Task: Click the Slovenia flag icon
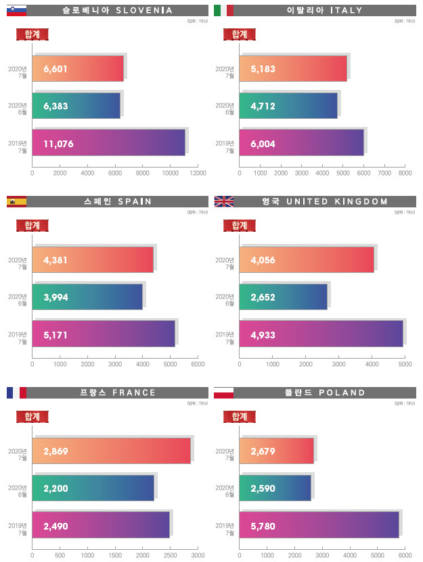coord(16,10)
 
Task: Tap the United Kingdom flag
coord(223,201)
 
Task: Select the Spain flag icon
coord(16,201)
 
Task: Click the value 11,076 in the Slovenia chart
coord(59,144)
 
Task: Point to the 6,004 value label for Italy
coord(262,144)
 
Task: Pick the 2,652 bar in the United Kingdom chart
coord(283,297)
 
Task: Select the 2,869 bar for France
coord(111,451)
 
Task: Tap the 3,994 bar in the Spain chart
coord(87,297)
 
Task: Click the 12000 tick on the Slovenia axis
coord(198,174)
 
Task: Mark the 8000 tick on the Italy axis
coord(405,174)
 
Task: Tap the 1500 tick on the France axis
coord(115,556)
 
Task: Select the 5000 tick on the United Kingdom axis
coord(405,365)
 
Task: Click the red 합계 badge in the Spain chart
coord(32,225)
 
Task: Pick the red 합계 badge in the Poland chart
coord(239,416)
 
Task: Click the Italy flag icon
coord(223,10)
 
